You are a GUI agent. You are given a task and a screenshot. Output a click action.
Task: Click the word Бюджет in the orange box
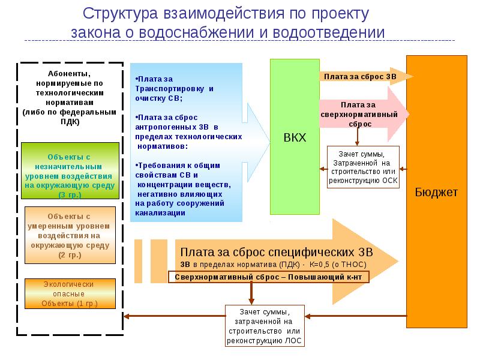(x=436, y=192)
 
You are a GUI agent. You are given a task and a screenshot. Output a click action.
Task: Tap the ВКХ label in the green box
(x=295, y=137)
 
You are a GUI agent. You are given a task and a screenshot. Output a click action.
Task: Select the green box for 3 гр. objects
(x=70, y=170)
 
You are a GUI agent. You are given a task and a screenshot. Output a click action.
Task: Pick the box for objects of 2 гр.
(x=70, y=235)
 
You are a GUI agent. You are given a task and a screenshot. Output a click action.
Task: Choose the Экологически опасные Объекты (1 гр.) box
(x=70, y=294)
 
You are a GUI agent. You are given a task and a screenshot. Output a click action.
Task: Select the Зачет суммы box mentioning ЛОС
(x=265, y=326)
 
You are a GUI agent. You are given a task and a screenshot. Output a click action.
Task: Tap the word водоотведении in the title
(x=328, y=32)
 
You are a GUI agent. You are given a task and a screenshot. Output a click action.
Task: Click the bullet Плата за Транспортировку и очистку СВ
(x=174, y=88)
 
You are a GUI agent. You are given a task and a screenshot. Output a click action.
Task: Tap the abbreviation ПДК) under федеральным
(x=70, y=122)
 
